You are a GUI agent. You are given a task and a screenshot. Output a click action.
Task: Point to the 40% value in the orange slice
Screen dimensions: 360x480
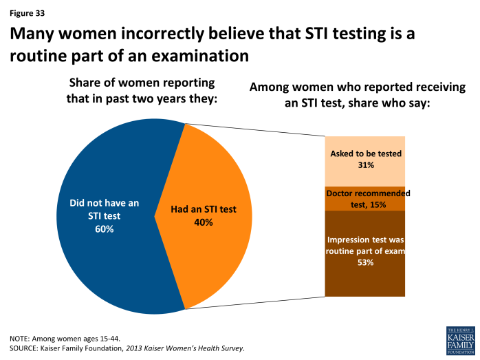point(204,222)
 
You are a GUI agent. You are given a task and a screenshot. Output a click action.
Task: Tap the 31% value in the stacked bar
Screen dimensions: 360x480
point(365,165)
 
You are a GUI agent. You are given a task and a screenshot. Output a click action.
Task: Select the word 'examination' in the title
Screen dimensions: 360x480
point(193,56)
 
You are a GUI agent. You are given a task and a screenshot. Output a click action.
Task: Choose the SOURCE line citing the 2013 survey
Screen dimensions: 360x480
point(127,349)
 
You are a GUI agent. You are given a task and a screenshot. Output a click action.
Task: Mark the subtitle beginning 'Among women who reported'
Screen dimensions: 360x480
point(358,88)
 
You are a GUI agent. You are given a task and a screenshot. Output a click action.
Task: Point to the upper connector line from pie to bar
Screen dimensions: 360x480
point(254,130)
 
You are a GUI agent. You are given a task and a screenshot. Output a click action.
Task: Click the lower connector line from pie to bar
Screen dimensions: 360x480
point(254,303)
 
